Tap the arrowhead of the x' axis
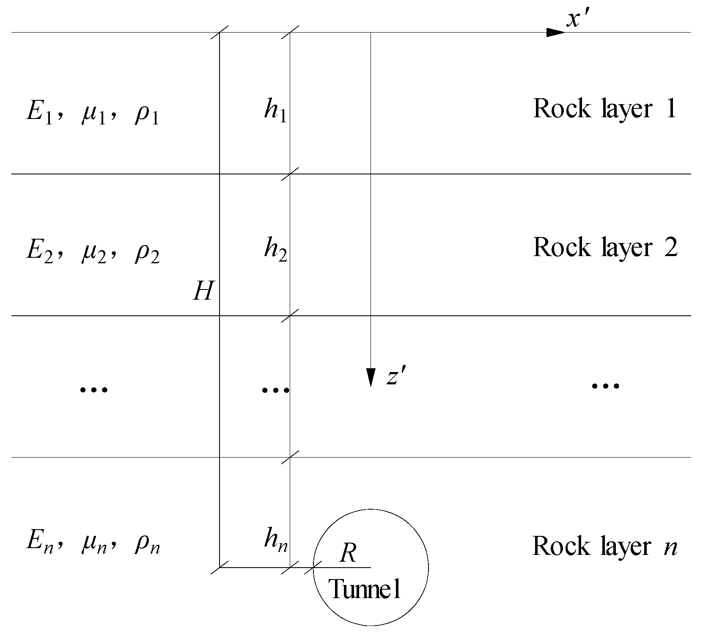click(555, 33)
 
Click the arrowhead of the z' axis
click(371, 377)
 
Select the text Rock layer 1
click(604, 109)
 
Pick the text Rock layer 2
click(605, 247)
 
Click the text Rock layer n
click(604, 546)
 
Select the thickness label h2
click(275, 250)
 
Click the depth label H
click(203, 292)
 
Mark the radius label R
click(348, 553)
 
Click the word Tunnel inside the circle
click(365, 589)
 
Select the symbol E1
click(39, 114)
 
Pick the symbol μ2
click(92, 253)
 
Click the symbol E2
click(39, 253)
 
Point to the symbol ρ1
click(146, 115)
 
